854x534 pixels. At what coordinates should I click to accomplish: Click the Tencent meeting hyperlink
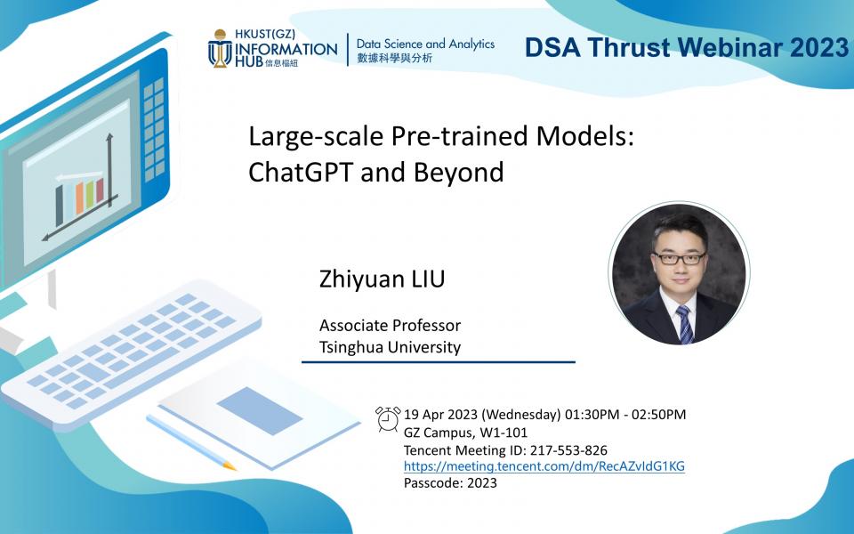(x=544, y=466)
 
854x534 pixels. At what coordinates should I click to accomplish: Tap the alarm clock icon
(x=388, y=419)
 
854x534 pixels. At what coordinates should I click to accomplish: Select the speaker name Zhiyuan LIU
(x=382, y=279)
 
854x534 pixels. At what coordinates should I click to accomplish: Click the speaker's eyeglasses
(x=679, y=258)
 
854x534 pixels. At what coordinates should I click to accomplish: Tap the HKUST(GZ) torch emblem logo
(x=220, y=48)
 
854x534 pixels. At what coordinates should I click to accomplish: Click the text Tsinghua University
(x=390, y=347)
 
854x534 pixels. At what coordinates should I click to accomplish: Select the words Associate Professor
(x=390, y=326)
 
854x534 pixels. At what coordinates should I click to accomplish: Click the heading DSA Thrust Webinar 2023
(x=686, y=47)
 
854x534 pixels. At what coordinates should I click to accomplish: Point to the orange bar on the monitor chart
(x=79, y=198)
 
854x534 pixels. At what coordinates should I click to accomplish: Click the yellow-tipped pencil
(x=191, y=442)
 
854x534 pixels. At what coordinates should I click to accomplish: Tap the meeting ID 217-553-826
(x=568, y=450)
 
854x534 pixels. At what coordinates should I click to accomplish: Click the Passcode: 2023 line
(x=450, y=482)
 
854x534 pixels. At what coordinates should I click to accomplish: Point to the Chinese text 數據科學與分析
(x=395, y=58)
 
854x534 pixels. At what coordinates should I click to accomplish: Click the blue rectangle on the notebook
(x=260, y=411)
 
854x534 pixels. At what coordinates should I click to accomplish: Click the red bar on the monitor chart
(x=100, y=190)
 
